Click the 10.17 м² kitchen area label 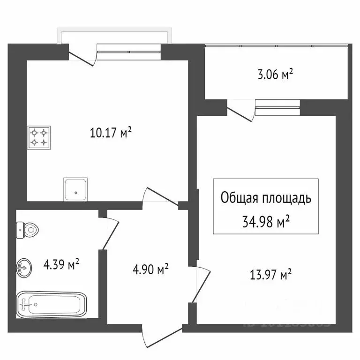click(x=111, y=134)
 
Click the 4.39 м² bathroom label click(x=61, y=265)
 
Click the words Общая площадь click(x=266, y=198)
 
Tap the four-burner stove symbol click(x=39, y=137)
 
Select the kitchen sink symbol click(x=75, y=189)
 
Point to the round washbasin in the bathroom click(x=24, y=268)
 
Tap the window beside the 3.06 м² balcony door click(x=277, y=107)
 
